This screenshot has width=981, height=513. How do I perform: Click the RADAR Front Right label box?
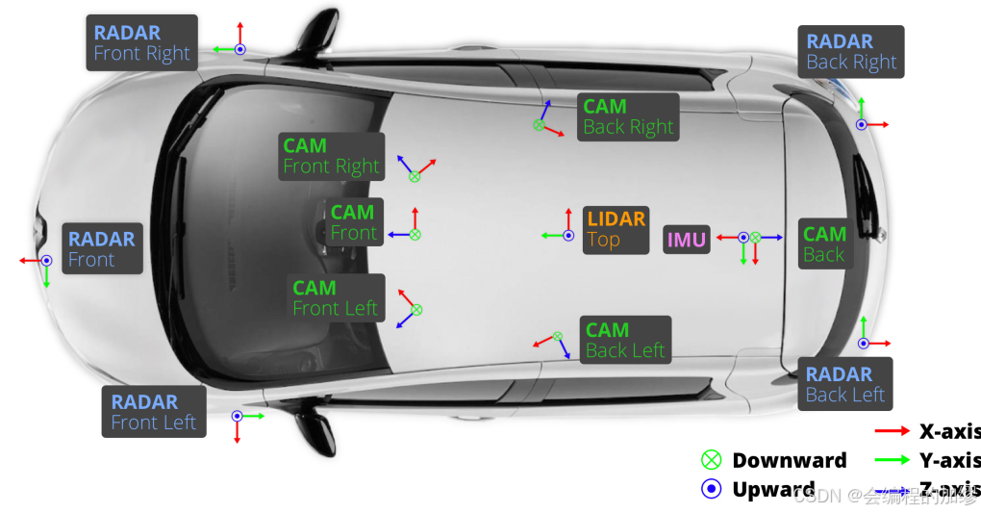click(141, 43)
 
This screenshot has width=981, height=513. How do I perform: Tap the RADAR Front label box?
click(102, 248)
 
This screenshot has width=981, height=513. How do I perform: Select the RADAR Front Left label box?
click(153, 412)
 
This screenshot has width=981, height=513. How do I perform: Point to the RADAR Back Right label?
click(851, 52)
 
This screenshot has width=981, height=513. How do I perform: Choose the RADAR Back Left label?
click(844, 385)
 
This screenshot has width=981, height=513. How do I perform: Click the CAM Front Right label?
click(332, 156)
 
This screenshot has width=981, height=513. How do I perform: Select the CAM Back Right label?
click(628, 117)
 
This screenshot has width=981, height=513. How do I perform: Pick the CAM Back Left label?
click(625, 341)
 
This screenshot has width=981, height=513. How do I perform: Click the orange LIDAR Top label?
click(616, 229)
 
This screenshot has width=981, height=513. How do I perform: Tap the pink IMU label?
click(687, 239)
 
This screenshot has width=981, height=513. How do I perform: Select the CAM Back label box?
click(824, 244)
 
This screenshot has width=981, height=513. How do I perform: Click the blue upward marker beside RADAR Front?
click(45, 261)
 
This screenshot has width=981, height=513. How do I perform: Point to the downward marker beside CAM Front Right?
click(415, 176)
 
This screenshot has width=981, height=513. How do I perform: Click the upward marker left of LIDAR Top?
click(564, 235)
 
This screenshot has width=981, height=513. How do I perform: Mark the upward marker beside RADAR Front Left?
click(237, 416)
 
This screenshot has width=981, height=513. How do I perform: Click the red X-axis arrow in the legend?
click(892, 431)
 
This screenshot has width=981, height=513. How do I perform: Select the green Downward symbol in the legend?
click(712, 460)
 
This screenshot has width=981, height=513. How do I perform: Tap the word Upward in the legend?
click(773, 489)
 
